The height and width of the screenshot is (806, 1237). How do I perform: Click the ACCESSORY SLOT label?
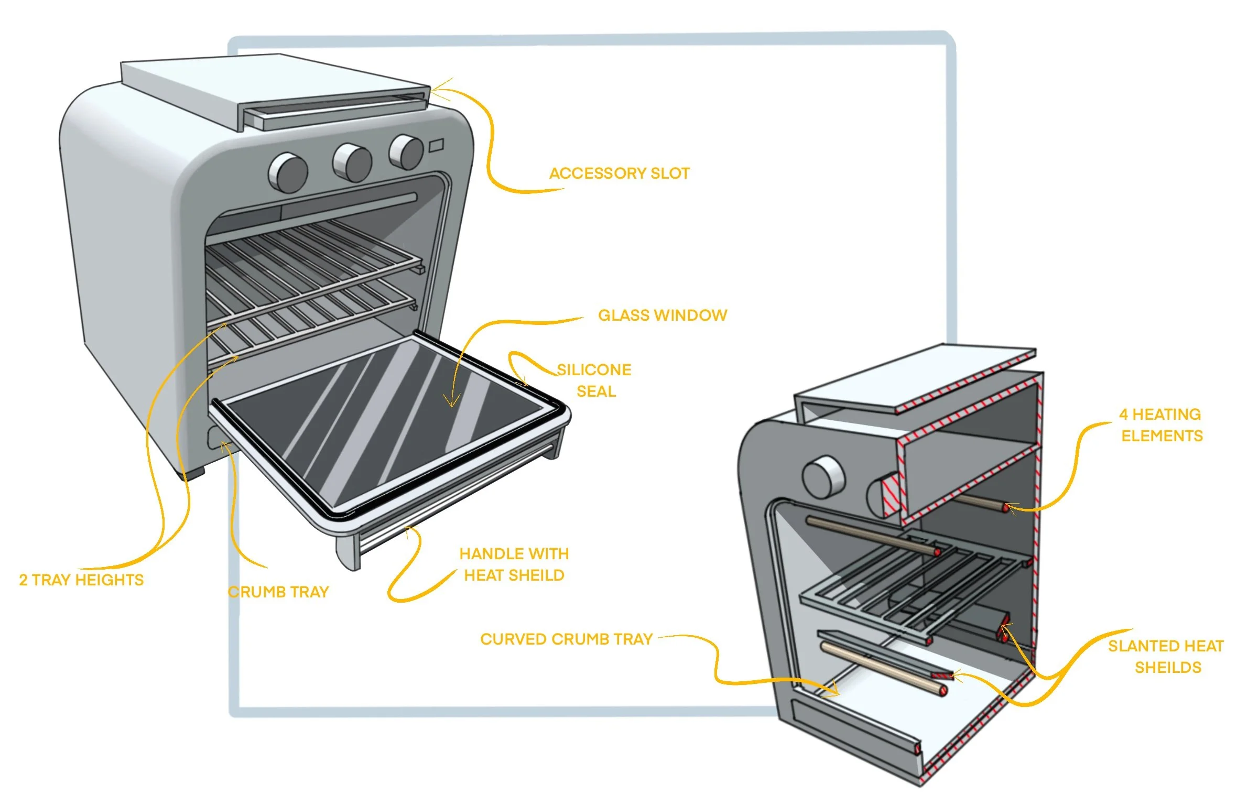click(x=619, y=173)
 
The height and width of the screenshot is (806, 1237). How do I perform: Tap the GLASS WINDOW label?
click(x=663, y=315)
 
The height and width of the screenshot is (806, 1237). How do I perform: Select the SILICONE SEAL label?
click(x=594, y=380)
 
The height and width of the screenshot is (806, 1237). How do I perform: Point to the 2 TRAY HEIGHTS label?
click(x=81, y=580)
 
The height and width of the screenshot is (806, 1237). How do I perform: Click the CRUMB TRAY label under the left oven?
click(x=278, y=592)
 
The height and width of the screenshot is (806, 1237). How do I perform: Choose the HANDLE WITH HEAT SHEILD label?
click(x=514, y=564)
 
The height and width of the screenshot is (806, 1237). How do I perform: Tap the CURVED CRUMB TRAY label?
click(x=566, y=639)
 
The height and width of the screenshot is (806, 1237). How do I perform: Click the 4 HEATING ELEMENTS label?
click(x=1161, y=425)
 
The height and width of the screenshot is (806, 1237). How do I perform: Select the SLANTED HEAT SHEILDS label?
click(x=1166, y=657)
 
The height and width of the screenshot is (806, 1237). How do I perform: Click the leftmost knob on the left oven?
click(x=288, y=172)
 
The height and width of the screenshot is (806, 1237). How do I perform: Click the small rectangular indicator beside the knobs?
click(x=437, y=145)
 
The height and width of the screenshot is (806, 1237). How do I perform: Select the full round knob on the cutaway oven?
click(x=822, y=477)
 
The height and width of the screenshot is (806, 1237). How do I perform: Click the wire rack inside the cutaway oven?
click(x=912, y=587)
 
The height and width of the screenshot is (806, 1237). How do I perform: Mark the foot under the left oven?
click(x=194, y=473)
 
